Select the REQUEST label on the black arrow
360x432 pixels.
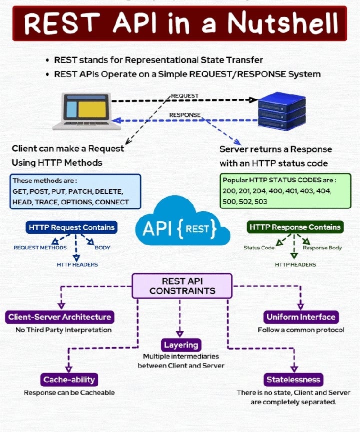point(184,95)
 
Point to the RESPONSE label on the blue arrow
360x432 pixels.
point(184,115)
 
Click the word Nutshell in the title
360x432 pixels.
point(285,23)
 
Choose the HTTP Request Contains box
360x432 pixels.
point(71,227)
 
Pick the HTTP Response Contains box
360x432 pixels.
point(295,227)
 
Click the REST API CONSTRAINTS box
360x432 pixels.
point(182,286)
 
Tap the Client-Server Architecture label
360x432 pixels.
point(59,317)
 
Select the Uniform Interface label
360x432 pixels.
point(301,317)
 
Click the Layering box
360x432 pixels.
point(181,345)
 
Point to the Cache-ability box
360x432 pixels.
point(69,380)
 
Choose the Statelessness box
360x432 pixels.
point(293,380)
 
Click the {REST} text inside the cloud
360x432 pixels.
point(199,229)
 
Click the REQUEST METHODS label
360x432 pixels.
point(40,248)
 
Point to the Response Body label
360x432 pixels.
point(322,248)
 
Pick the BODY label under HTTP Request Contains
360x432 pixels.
point(102,248)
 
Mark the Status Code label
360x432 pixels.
point(259,248)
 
